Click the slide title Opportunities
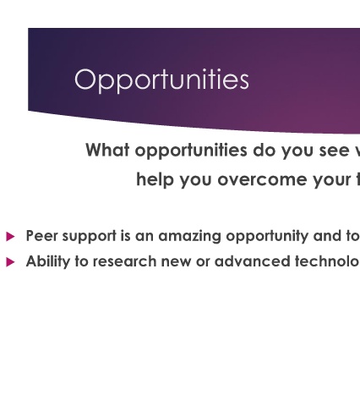click(161, 80)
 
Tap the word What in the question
click(107, 150)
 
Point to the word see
click(332, 151)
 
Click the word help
click(155, 179)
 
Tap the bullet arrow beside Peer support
click(10, 236)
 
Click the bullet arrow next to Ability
click(10, 262)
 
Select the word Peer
click(41, 236)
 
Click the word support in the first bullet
click(90, 237)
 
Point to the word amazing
click(189, 237)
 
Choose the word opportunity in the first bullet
click(267, 237)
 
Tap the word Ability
click(48, 262)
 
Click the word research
click(124, 261)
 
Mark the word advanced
click(252, 261)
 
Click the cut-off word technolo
click(328, 261)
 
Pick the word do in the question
click(264, 151)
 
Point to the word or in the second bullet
click(203, 263)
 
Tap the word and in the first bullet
click(328, 236)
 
